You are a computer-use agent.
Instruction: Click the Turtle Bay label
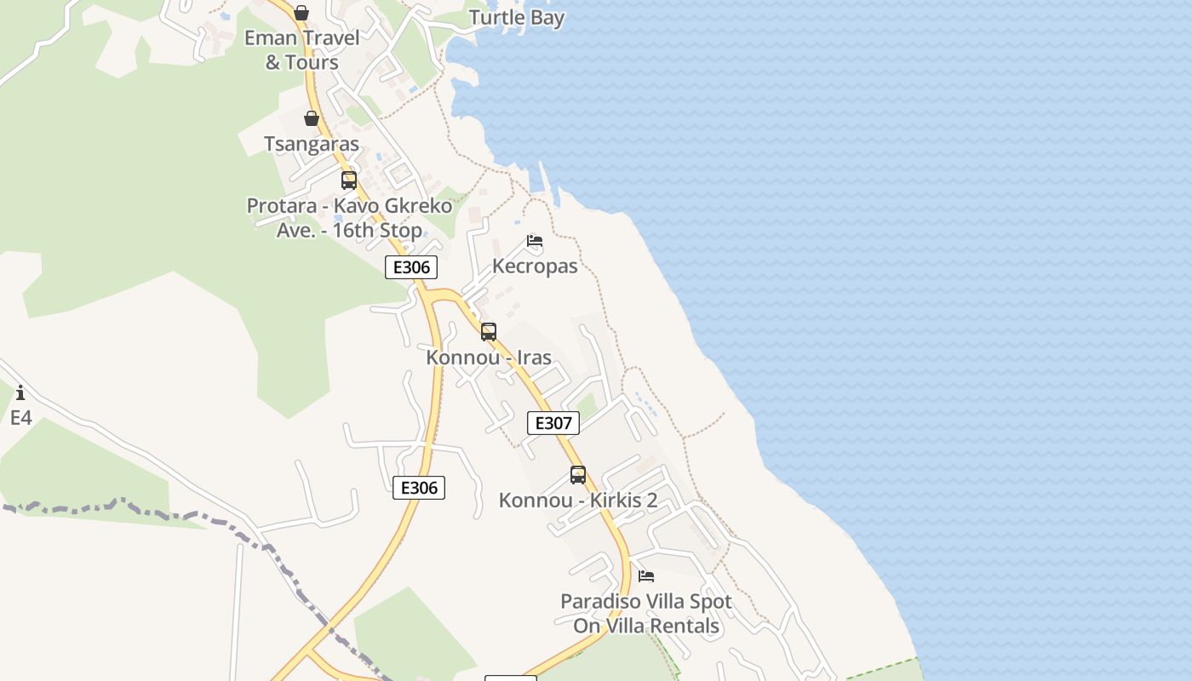(516, 18)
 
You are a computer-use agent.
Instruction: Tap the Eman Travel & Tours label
(301, 49)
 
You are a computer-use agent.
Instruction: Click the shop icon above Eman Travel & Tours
(301, 13)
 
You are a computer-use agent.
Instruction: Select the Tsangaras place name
(312, 144)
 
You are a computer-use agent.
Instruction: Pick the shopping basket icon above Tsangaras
(312, 118)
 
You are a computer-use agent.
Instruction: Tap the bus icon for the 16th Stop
(349, 180)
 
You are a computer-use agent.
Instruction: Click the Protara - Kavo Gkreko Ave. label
(349, 218)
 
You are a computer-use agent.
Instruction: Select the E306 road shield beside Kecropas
(411, 267)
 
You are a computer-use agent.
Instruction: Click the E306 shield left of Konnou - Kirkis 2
(419, 488)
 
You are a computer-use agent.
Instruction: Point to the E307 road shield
(553, 423)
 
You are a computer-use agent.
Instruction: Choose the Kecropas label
(535, 266)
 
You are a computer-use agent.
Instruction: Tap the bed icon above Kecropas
(535, 241)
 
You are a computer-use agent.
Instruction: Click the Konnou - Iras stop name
(489, 358)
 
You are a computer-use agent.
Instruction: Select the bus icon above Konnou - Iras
(489, 332)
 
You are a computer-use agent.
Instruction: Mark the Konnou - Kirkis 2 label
(578, 501)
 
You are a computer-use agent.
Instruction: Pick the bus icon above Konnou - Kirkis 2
(578, 475)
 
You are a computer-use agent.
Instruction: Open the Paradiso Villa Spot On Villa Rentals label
(646, 614)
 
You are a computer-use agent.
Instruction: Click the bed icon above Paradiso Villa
(646, 576)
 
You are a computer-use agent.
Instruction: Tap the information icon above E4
(20, 392)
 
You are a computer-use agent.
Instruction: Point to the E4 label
(20, 418)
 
